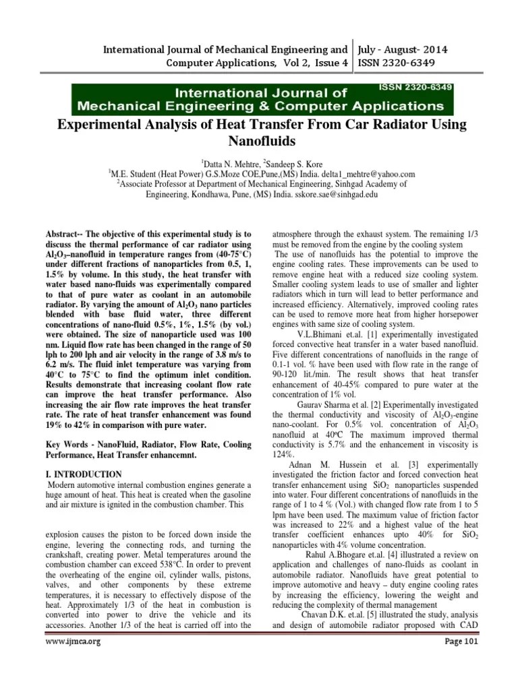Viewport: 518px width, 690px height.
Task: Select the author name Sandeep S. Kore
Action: tap(291, 164)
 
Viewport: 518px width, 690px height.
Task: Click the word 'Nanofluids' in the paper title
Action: tap(259, 142)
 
